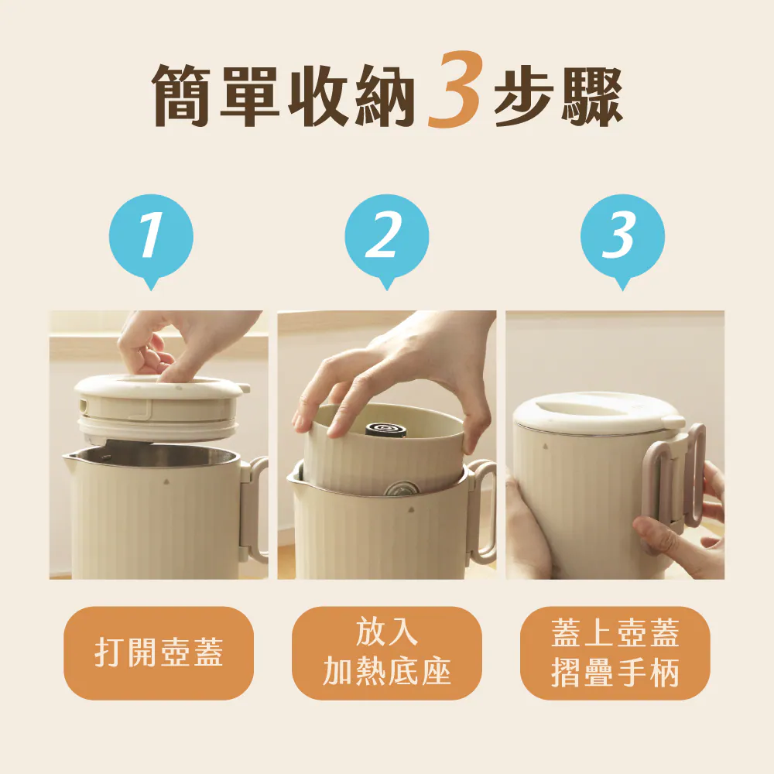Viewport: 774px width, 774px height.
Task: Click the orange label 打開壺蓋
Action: (159, 652)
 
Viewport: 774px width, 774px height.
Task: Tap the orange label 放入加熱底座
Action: (386, 652)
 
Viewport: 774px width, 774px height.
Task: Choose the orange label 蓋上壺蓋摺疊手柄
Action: (615, 652)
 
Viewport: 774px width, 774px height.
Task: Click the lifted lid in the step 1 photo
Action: (161, 408)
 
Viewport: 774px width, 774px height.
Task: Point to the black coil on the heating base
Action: (386, 427)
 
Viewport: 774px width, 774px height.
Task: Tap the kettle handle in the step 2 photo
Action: (481, 509)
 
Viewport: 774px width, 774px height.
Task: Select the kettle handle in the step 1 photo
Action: (254, 509)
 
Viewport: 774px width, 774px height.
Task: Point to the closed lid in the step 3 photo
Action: (598, 413)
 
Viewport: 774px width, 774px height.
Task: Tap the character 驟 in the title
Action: (591, 95)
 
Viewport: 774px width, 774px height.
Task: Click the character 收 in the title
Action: (318, 95)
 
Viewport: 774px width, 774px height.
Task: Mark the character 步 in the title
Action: (523, 95)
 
